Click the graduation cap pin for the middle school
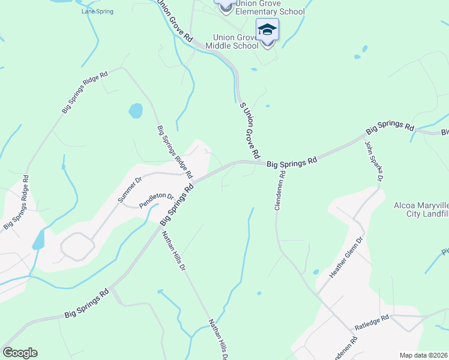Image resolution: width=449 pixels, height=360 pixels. [267, 30]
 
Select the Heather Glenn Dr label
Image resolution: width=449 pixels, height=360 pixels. [347, 257]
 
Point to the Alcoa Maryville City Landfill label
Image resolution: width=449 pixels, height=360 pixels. [421, 209]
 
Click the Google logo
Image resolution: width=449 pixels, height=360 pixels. [20, 353]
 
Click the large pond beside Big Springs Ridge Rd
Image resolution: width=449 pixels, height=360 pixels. [136, 110]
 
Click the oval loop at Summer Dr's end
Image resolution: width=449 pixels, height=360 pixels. [77, 247]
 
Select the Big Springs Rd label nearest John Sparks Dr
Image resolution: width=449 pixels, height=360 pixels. [391, 127]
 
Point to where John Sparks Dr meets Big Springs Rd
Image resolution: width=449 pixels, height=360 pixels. [364, 137]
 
